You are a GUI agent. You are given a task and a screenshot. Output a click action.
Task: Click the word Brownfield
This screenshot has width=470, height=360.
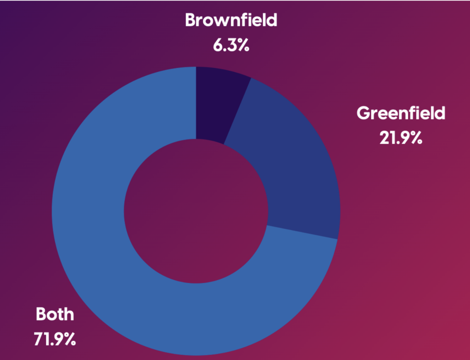click(231, 21)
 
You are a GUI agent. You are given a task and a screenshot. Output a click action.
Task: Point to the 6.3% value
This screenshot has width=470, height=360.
click(231, 46)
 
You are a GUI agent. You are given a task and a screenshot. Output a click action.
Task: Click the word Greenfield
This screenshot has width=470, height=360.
click(401, 113)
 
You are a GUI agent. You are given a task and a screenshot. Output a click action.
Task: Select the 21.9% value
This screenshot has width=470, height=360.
click(401, 138)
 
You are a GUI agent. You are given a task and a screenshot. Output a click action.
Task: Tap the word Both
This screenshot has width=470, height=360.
click(55, 315)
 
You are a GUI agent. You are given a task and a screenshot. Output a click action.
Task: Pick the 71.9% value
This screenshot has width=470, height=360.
click(55, 339)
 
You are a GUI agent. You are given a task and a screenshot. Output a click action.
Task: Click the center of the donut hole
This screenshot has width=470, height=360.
click(196, 211)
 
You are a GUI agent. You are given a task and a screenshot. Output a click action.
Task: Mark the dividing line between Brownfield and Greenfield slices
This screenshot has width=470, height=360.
click(238, 110)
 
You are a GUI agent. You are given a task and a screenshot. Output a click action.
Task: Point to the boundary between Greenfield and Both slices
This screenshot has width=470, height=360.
click(303, 232)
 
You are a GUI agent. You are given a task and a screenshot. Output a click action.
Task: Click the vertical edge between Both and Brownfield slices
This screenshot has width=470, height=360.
click(196, 103)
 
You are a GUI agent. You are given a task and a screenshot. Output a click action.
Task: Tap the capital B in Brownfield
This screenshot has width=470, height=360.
click(190, 21)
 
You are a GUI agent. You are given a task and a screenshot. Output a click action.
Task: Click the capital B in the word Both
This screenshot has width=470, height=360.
click(41, 315)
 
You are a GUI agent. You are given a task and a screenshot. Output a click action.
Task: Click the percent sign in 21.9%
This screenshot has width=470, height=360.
click(415, 138)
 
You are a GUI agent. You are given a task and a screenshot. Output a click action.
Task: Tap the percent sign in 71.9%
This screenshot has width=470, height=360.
click(69, 339)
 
